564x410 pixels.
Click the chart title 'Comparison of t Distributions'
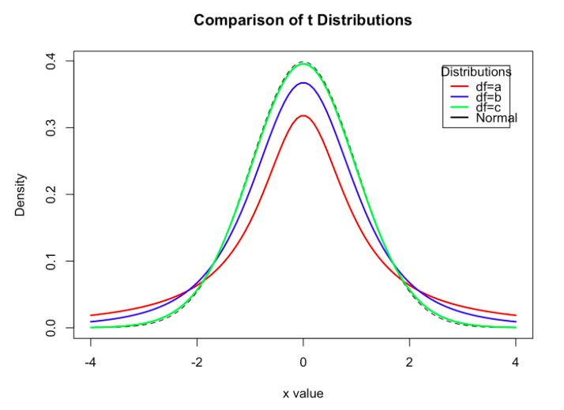click(303, 20)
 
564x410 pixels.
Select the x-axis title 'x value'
click(303, 393)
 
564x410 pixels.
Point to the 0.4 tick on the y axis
click(50, 61)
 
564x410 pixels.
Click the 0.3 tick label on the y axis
click(50, 127)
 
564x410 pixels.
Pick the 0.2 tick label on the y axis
click(50, 194)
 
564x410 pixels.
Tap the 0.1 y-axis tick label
click(50, 261)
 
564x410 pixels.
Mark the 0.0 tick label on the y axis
click(50, 327)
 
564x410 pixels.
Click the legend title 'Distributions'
click(476, 72)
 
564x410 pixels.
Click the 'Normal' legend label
click(496, 118)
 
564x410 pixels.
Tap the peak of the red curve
click(303, 115)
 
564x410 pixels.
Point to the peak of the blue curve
click(303, 82)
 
